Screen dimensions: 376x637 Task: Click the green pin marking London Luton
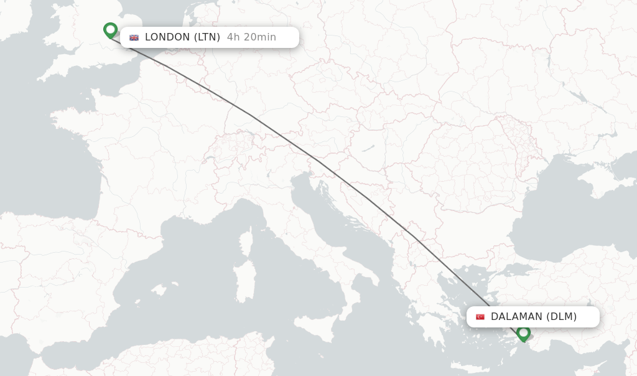(110, 30)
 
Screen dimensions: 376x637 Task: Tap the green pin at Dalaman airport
(523, 333)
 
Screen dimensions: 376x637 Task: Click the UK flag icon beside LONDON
(134, 37)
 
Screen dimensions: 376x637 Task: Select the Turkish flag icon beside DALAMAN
(480, 317)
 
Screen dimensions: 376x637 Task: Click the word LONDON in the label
(167, 37)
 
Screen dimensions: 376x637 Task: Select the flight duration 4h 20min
(251, 37)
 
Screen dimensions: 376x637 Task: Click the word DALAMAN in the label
(516, 317)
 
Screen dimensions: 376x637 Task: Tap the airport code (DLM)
(562, 317)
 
